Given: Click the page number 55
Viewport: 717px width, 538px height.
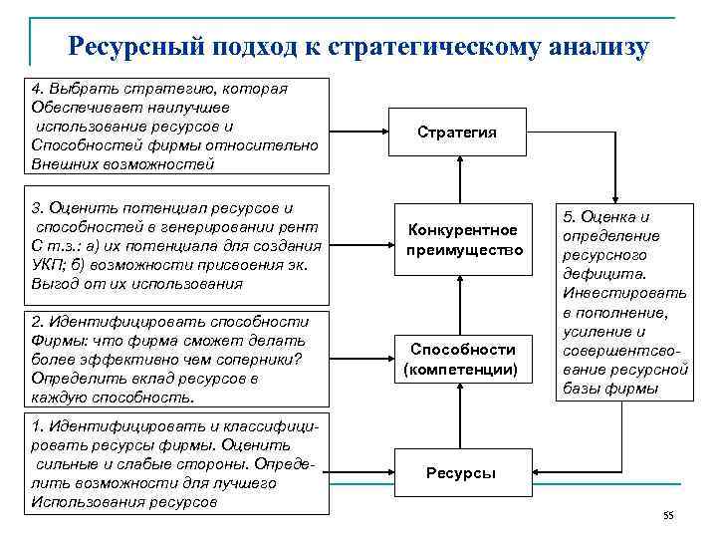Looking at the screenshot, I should [x=668, y=515].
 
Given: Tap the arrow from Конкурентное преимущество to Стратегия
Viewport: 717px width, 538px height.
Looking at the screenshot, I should [x=462, y=185].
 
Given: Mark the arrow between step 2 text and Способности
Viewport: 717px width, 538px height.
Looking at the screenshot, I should [x=364, y=360].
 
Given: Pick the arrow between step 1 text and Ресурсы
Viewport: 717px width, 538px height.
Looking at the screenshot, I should [x=364, y=472].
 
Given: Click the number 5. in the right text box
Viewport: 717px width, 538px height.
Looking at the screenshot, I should [x=572, y=217].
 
